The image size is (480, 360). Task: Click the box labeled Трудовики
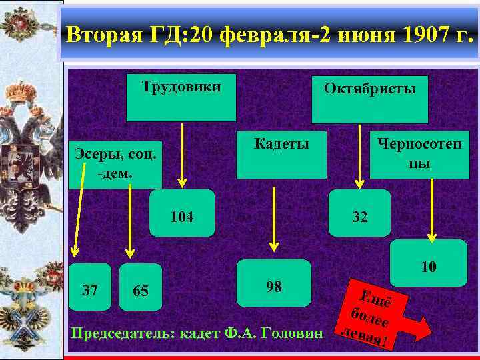pyautogui.click(x=181, y=97)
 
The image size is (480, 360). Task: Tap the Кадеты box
pyautogui.click(x=283, y=155)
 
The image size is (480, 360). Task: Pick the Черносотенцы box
pyautogui.click(x=419, y=155)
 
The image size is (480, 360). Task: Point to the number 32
pyautogui.click(x=359, y=217)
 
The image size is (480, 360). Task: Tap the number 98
pyautogui.click(x=274, y=287)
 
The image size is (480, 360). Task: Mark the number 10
pyautogui.click(x=429, y=267)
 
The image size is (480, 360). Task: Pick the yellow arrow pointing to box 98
pyautogui.click(x=273, y=219)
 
